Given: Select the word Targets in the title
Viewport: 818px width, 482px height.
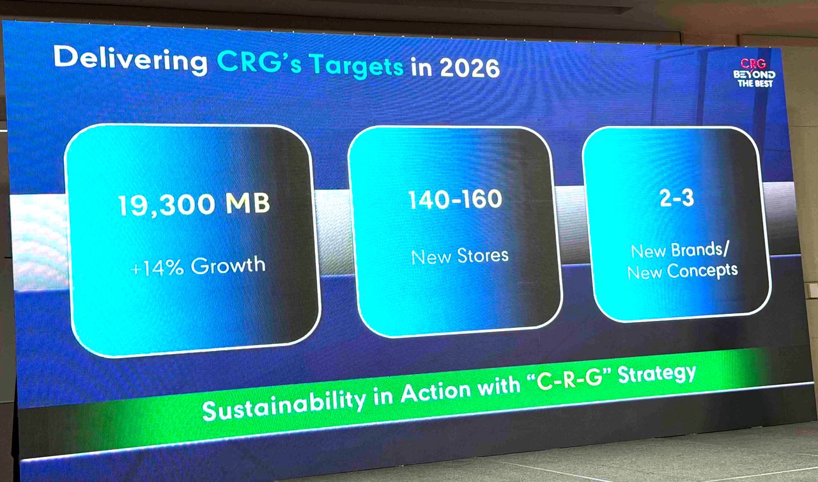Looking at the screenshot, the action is pyautogui.click(x=357, y=66).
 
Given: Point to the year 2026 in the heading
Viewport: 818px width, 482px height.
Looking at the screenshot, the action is pyautogui.click(x=470, y=68).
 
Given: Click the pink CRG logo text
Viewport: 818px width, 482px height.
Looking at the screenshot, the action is pyautogui.click(x=753, y=63).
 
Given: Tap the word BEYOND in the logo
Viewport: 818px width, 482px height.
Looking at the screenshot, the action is pyautogui.click(x=754, y=75).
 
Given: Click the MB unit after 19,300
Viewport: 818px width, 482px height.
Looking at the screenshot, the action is pyautogui.click(x=247, y=203).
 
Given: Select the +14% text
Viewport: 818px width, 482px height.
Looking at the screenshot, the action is pyautogui.click(x=157, y=268).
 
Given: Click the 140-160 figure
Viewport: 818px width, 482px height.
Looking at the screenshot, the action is pyautogui.click(x=456, y=199).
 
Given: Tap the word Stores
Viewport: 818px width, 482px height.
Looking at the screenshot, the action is pyautogui.click(x=482, y=255).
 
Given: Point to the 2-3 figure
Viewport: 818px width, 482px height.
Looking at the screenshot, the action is pyautogui.click(x=677, y=198).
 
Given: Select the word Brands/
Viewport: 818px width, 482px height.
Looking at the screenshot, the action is pyautogui.click(x=700, y=250).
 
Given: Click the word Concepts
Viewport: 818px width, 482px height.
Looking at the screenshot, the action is pyautogui.click(x=702, y=271).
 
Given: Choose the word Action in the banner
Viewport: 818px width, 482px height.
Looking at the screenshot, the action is pyautogui.click(x=436, y=391).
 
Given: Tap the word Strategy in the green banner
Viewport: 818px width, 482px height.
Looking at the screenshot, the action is pyautogui.click(x=657, y=375).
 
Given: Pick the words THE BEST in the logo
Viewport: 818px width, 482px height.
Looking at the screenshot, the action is pyautogui.click(x=755, y=84).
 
